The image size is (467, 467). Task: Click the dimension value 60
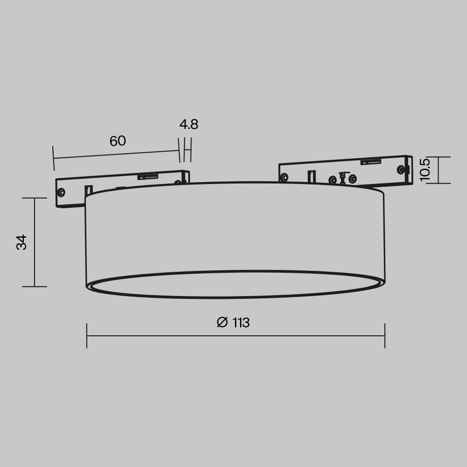click(118, 141)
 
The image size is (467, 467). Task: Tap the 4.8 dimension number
click(189, 125)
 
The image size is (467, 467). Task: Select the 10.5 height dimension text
click(425, 170)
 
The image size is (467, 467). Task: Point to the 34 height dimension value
click(21, 242)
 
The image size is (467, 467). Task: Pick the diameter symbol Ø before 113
click(222, 322)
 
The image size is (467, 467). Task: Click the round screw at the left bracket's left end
click(61, 192)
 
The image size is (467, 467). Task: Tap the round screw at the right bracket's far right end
click(401, 170)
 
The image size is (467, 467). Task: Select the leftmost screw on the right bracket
click(284, 177)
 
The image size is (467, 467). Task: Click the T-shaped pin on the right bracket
click(343, 177)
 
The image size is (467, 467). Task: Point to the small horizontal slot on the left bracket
click(147, 177)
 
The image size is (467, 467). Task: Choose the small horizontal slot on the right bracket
click(370, 162)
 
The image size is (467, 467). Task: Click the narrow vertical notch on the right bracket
click(311, 177)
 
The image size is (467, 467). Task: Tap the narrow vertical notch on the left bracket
click(88, 191)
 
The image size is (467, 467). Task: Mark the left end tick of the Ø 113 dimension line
click(87, 335)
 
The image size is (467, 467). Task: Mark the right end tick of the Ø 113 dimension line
click(385, 335)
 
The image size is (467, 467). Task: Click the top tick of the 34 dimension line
click(35, 198)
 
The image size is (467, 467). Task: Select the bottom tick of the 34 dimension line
click(35, 287)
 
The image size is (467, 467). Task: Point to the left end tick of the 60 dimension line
click(54, 158)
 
